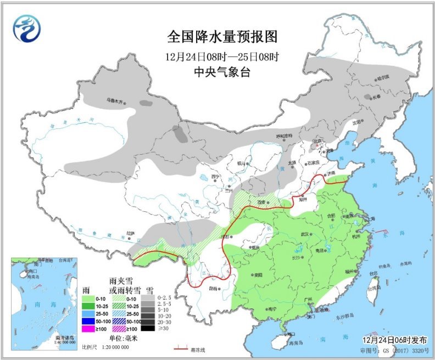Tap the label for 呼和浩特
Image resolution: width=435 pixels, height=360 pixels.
(x=284, y=136)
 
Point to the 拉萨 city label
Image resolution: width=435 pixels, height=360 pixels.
(x=130, y=233)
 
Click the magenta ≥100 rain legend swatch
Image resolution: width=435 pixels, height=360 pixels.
(x=88, y=328)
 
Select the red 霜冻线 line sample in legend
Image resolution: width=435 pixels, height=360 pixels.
(x=182, y=348)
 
